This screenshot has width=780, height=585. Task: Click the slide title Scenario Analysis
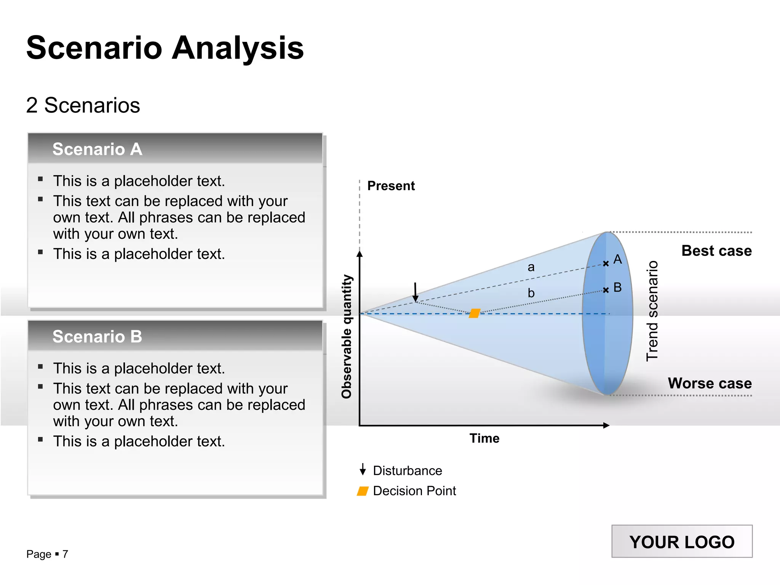(x=165, y=48)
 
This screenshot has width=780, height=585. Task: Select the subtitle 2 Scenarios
(x=83, y=105)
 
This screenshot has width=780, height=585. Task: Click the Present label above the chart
(x=391, y=186)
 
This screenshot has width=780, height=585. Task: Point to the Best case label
(x=716, y=251)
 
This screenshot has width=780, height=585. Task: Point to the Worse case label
(x=710, y=383)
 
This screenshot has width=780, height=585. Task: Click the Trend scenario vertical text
(x=652, y=311)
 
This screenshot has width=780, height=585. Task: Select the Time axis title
(x=484, y=438)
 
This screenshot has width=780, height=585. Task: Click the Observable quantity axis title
(x=347, y=337)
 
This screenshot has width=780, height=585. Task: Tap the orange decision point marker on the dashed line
(x=475, y=313)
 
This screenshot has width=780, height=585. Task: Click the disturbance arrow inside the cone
(x=416, y=292)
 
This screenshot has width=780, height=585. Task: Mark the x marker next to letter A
(x=606, y=264)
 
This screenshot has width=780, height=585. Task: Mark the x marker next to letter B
(x=606, y=290)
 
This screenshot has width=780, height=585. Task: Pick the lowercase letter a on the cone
(x=531, y=267)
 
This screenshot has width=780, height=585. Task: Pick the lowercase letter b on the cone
(x=531, y=293)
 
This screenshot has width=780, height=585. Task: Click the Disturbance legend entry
(x=407, y=471)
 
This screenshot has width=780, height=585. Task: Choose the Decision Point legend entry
(x=414, y=491)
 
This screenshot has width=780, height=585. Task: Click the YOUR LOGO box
(x=682, y=542)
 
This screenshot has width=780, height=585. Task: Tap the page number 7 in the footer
(x=65, y=554)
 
